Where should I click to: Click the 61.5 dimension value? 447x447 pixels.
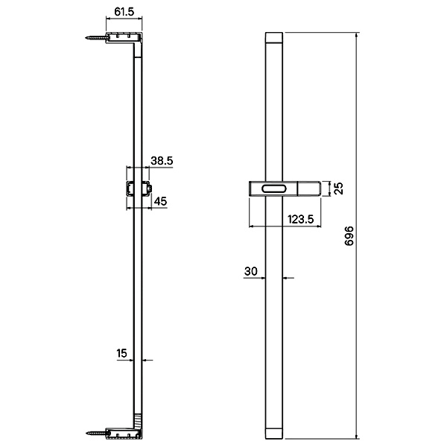coord(124,12)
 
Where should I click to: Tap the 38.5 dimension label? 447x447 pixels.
coord(162,161)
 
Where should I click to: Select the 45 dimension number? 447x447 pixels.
coord(160,201)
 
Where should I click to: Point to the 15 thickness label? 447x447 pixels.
coord(121,353)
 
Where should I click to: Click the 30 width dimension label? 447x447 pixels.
coord(250,271)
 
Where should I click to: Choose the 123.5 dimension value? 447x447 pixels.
coord(300,219)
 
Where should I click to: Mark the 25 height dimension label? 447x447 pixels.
coord(339,188)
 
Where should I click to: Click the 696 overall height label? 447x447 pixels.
coord(349,235)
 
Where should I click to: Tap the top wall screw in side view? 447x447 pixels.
coord(96,37)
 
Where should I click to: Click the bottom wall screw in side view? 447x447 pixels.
coord(97,433)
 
